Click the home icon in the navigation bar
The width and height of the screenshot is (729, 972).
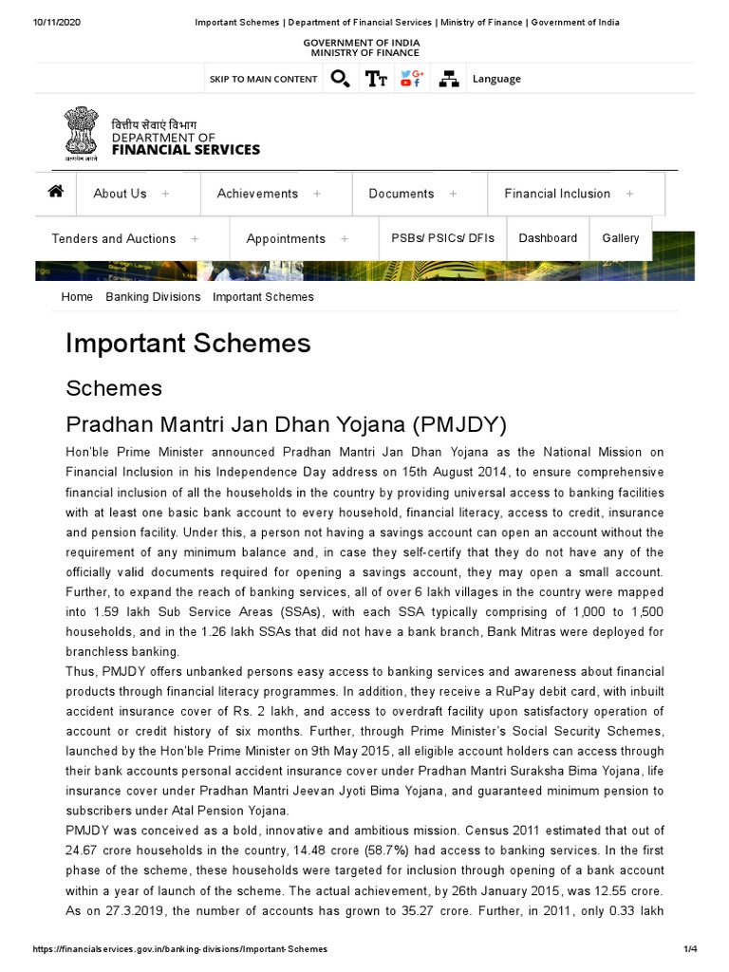(x=56, y=192)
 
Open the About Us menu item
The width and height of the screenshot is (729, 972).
(x=120, y=194)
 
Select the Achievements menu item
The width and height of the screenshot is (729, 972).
(x=257, y=194)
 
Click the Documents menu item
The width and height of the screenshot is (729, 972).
(x=401, y=194)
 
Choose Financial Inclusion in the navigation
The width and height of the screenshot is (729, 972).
(x=557, y=194)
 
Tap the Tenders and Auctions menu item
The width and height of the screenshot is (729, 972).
(x=114, y=239)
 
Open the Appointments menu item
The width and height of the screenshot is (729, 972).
(x=286, y=239)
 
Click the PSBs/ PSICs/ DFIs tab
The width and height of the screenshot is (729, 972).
(x=443, y=238)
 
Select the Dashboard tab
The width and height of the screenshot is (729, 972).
(x=548, y=238)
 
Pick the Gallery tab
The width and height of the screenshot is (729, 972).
(x=621, y=238)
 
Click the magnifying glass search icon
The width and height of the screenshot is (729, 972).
(x=340, y=79)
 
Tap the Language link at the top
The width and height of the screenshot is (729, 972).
(x=496, y=79)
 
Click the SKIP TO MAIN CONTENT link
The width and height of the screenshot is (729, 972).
(x=263, y=79)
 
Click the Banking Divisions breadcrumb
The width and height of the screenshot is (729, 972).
(x=153, y=297)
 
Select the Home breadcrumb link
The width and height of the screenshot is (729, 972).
(x=77, y=297)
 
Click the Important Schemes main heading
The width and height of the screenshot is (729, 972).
(x=188, y=343)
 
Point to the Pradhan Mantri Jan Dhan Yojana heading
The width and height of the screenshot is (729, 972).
(x=286, y=423)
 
